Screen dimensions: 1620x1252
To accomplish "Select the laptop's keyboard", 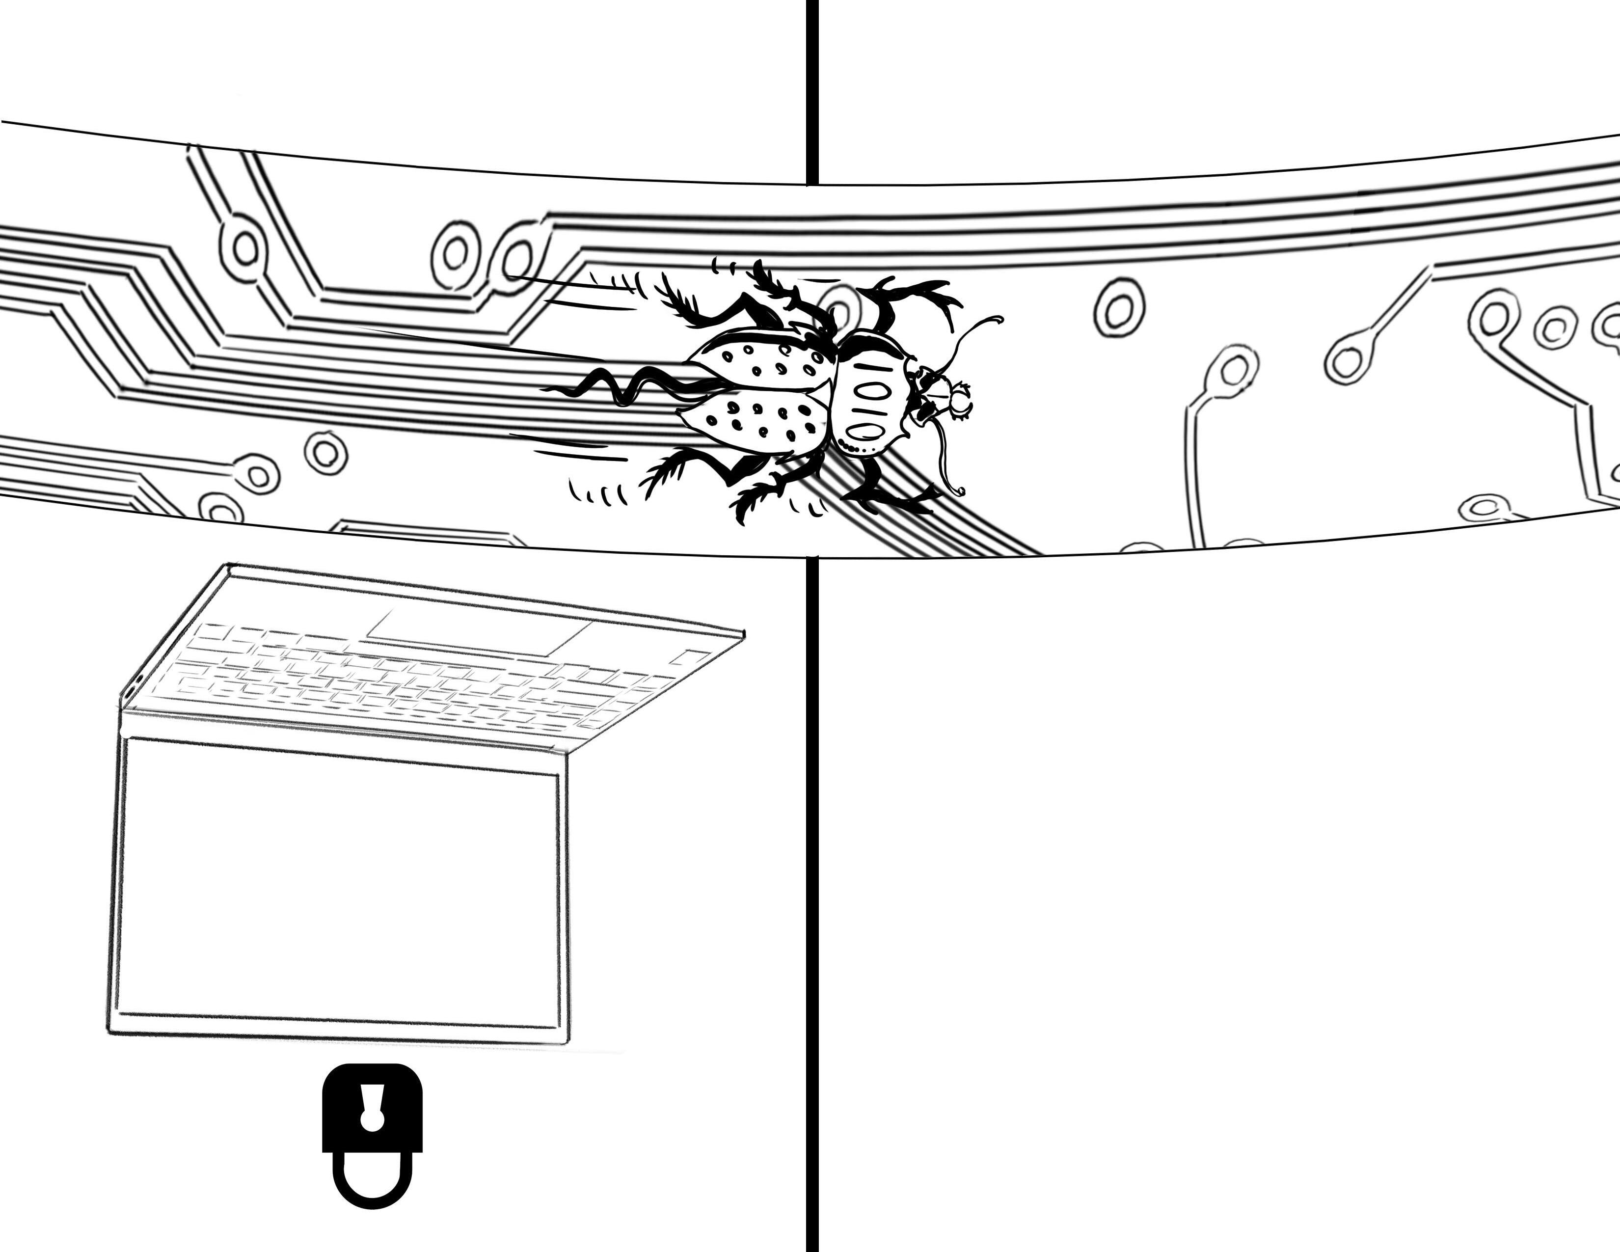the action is (415, 682).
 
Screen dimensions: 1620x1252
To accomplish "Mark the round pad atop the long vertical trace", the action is (1233, 369).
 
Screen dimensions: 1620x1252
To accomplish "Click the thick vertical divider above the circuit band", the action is (812, 89).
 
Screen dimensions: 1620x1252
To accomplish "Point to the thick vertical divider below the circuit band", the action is (812, 890).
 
